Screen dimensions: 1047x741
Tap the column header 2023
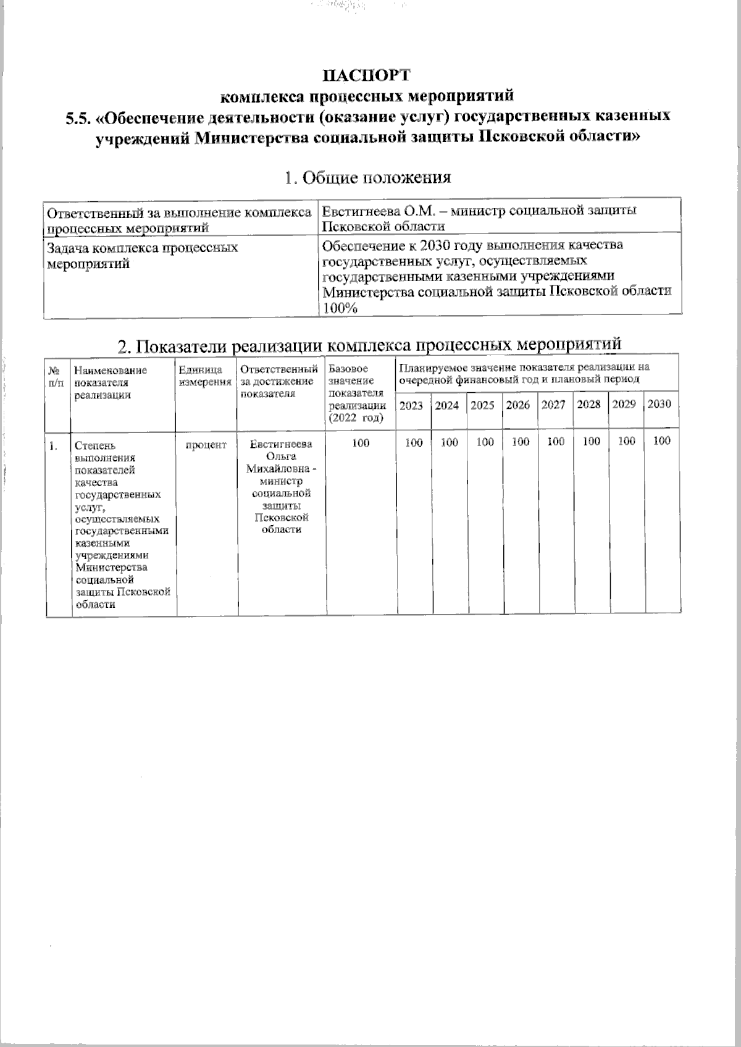411,406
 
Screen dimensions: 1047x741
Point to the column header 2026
517,406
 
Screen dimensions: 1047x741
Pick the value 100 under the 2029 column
626,442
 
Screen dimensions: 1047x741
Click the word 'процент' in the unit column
206,445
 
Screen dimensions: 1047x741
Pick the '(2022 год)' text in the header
355,418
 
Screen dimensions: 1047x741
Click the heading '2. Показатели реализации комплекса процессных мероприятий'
369,345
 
